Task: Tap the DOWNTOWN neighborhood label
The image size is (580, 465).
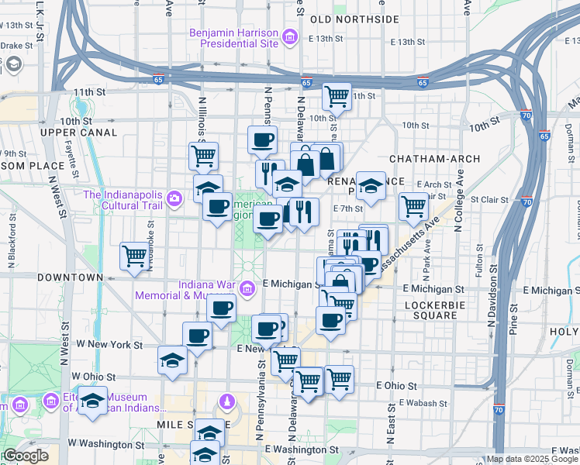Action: point(74,277)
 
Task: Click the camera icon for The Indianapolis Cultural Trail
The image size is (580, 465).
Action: point(174,200)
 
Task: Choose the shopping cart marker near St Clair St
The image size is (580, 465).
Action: point(413,206)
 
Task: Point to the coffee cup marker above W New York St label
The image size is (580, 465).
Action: point(197,336)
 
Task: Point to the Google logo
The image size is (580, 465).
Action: point(25,456)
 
